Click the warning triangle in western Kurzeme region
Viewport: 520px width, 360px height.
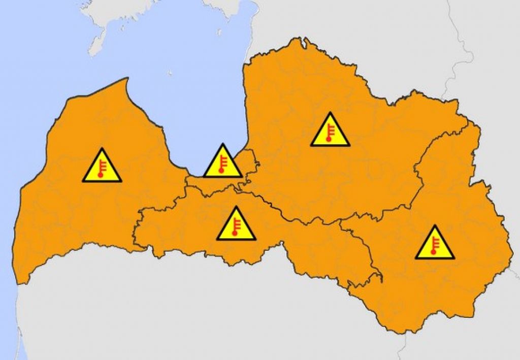tap(102, 167)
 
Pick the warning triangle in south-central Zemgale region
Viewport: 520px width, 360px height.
tap(236, 225)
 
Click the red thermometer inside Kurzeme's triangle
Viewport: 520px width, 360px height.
tap(102, 169)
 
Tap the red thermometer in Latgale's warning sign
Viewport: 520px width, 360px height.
tap(434, 246)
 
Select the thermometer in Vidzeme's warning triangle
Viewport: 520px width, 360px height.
tap(330, 133)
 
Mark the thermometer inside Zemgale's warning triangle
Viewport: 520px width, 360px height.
tap(236, 227)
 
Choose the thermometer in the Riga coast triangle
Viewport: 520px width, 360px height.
tap(222, 165)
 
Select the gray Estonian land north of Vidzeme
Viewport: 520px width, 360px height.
tap(355, 30)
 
